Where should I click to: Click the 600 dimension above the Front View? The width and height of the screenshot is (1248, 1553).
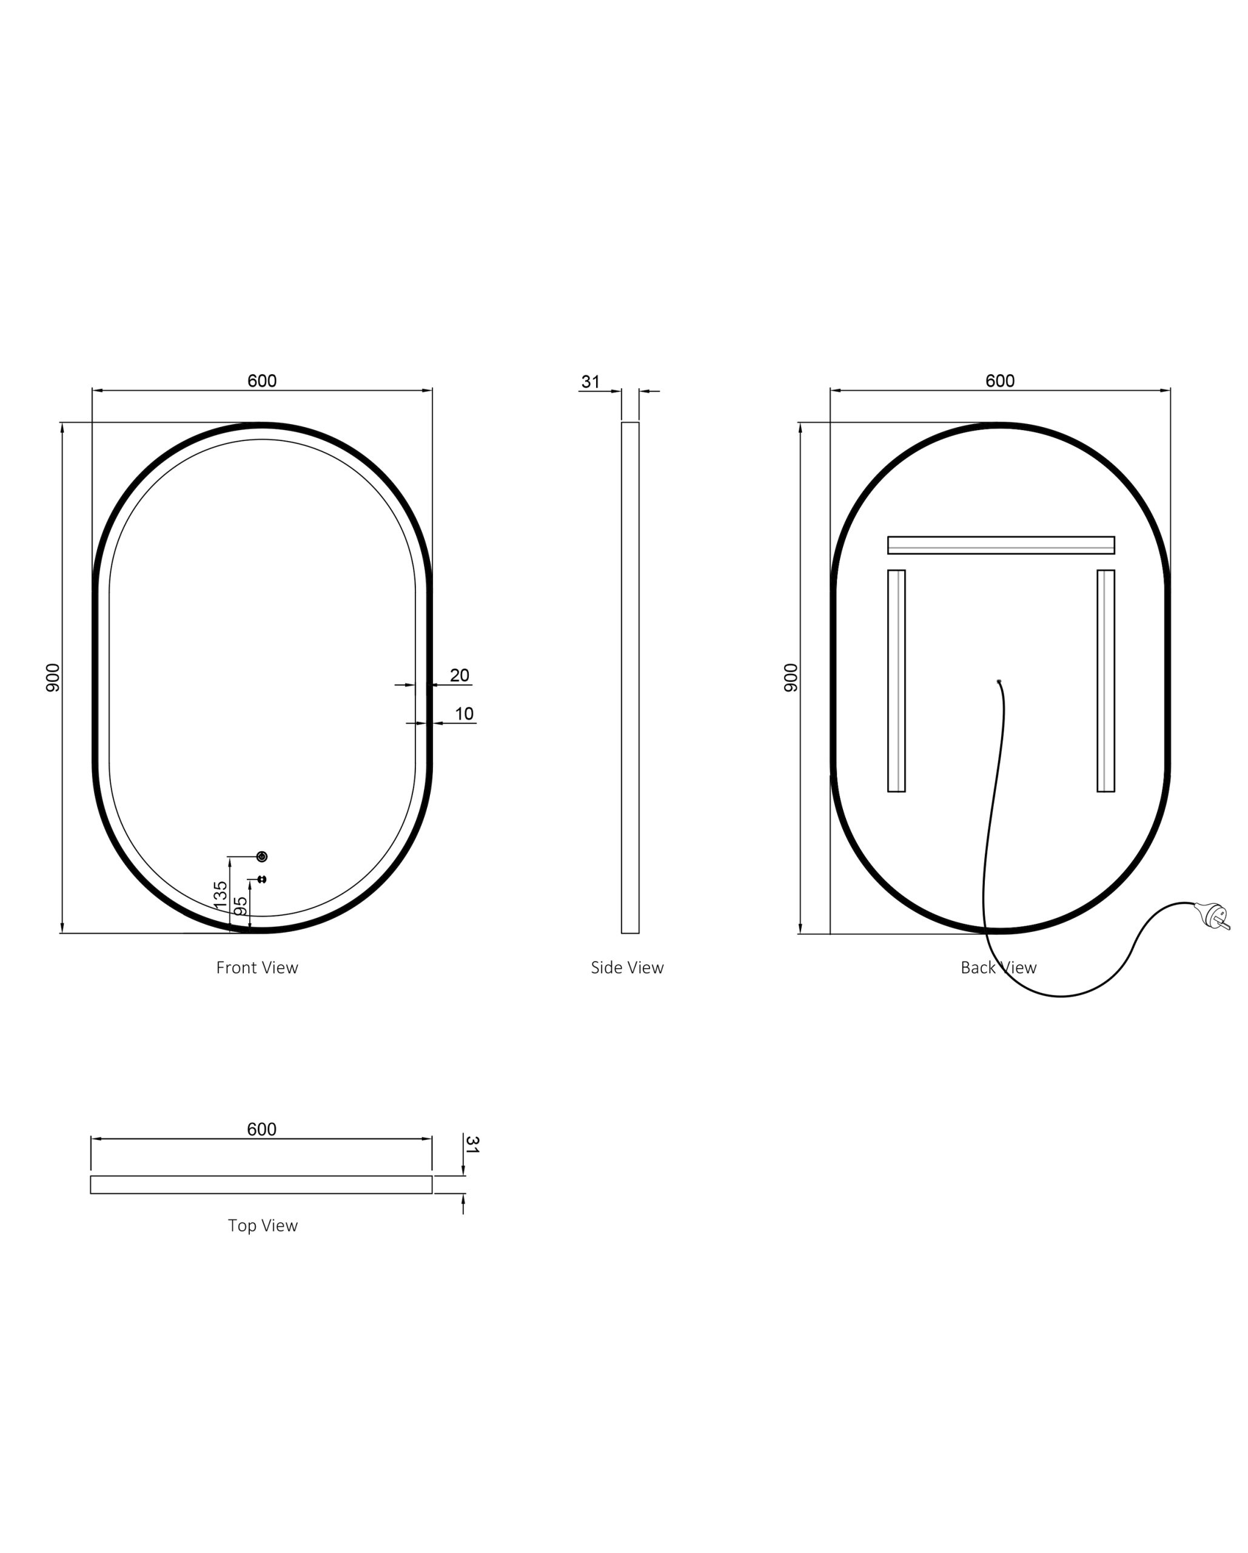click(261, 380)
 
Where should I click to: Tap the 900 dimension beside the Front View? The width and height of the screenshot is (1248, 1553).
click(53, 678)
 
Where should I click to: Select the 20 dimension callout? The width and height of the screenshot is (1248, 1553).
click(460, 675)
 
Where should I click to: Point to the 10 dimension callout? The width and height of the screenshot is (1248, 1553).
click(465, 713)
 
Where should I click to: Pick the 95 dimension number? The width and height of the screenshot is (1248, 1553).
click(242, 906)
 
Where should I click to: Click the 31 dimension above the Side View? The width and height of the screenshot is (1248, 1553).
click(591, 382)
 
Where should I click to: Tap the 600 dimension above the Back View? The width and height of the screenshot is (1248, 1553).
click(999, 380)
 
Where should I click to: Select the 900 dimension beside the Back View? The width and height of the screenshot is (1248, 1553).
click(791, 678)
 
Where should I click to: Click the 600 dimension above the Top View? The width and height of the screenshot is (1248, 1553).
click(261, 1129)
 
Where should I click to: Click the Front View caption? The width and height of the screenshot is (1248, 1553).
click(257, 968)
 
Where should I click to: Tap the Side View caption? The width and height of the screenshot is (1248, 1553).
click(627, 968)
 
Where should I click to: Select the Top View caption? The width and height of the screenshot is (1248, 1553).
click(263, 1225)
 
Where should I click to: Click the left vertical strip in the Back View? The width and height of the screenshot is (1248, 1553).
click(896, 681)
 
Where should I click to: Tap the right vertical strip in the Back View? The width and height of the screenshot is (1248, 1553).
click(1105, 681)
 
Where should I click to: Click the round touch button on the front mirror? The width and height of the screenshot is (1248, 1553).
click(262, 857)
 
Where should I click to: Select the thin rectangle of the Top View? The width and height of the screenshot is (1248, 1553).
click(261, 1184)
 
